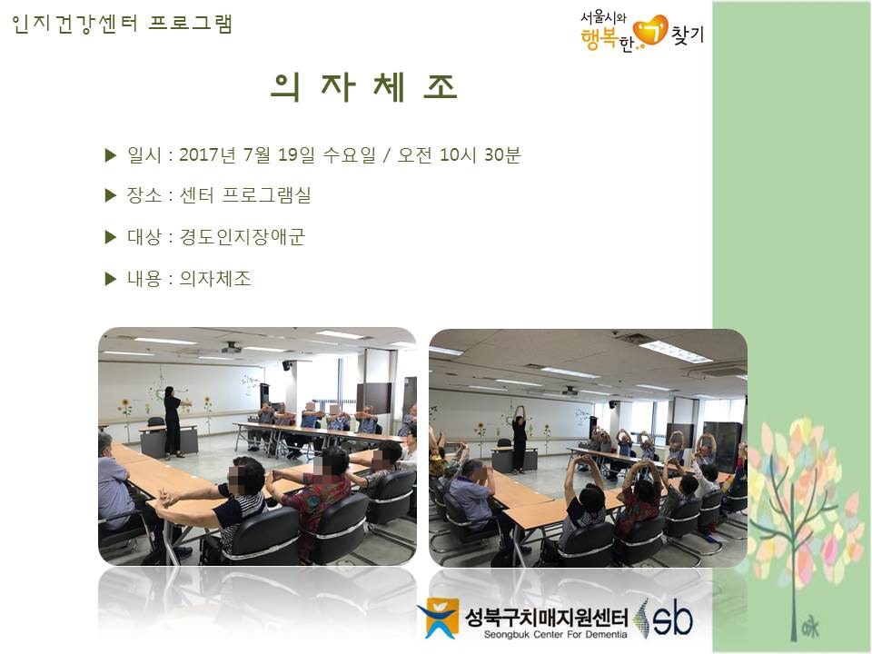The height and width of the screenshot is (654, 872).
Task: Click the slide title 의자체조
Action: pyautogui.click(x=364, y=87)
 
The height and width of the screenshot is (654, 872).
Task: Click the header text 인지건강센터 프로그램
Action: pyautogui.click(x=122, y=24)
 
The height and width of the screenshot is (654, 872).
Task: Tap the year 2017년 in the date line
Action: pyautogui.click(x=208, y=154)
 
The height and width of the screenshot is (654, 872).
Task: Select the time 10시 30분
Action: pyautogui.click(x=480, y=154)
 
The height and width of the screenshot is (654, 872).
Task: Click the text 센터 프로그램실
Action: pyautogui.click(x=244, y=195)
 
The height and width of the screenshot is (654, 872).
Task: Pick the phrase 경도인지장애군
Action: pyautogui.click(x=242, y=237)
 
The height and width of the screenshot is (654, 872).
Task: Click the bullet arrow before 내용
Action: pyautogui.click(x=111, y=279)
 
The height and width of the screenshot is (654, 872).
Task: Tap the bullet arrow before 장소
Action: pyautogui.click(x=111, y=195)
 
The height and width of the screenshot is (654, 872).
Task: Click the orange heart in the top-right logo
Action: pyautogui.click(x=651, y=30)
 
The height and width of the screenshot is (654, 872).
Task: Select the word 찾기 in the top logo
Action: pyautogui.click(x=688, y=35)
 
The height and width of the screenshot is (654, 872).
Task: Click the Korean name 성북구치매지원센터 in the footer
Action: pyautogui.click(x=546, y=617)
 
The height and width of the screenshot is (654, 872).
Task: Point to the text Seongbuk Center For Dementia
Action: pyautogui.click(x=555, y=635)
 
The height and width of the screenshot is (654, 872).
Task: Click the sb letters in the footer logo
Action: pyautogui.click(x=673, y=619)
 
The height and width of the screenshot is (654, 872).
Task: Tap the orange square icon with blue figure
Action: pyautogui.click(x=440, y=618)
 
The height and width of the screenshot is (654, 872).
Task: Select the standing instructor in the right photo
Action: pyautogui.click(x=519, y=440)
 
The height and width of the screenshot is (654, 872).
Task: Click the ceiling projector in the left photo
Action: pyautogui.click(x=232, y=348)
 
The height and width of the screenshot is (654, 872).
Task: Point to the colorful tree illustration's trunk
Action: pyautogui.click(x=793, y=561)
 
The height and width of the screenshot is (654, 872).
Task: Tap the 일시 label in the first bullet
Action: pyautogui.click(x=144, y=154)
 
